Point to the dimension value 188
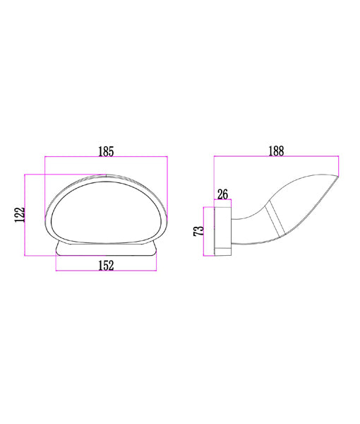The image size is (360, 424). (x=277, y=151)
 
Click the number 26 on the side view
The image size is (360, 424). (x=222, y=194)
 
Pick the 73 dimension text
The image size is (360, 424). (x=198, y=230)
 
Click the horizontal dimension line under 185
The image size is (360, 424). (x=106, y=158)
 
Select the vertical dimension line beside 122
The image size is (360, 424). (x=25, y=214)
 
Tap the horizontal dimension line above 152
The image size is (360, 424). (x=106, y=271)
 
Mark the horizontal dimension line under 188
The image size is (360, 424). (x=277, y=158)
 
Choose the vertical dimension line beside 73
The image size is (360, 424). (x=205, y=230)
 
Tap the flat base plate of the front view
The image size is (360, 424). (x=106, y=250)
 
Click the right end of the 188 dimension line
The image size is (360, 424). (x=339, y=158)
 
